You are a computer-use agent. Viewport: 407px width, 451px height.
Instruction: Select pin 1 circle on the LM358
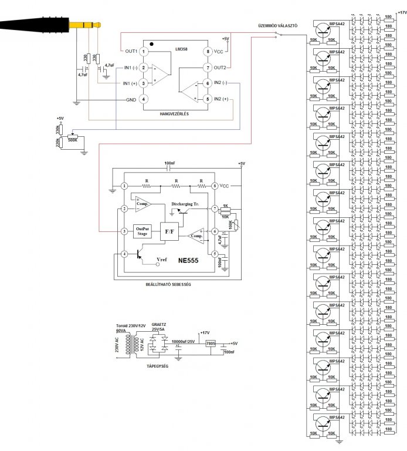coord(143,52)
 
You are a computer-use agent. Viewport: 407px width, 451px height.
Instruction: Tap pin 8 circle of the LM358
coord(207,52)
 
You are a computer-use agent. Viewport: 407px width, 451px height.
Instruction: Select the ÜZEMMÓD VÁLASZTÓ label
coord(279,26)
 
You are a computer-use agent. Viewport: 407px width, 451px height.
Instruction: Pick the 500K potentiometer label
coord(73,140)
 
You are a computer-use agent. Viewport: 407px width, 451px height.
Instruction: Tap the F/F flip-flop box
coord(171,232)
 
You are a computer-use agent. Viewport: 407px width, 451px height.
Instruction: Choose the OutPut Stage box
coord(144,231)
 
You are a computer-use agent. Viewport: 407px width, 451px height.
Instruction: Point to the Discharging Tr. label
coord(186,204)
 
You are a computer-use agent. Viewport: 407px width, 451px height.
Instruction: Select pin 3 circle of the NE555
coord(124,231)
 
